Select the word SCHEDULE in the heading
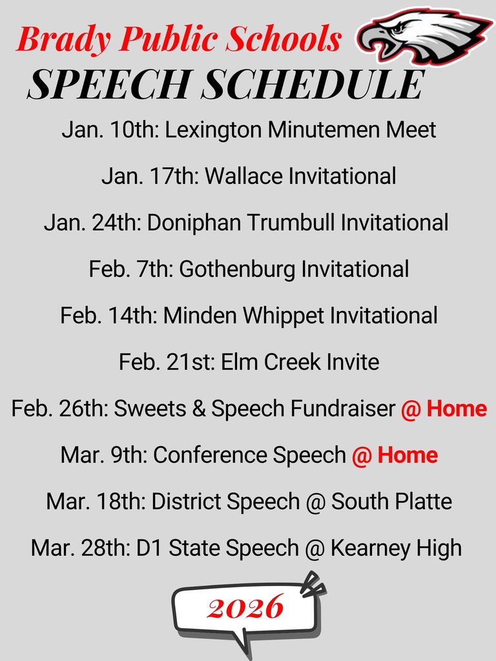pyautogui.click(x=313, y=85)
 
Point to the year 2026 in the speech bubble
pyautogui.click(x=245, y=607)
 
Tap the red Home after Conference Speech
pyautogui.click(x=408, y=455)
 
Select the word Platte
pyautogui.click(x=420, y=502)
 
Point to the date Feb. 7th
pyautogui.click(x=130, y=269)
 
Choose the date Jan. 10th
pyautogui.click(x=110, y=130)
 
